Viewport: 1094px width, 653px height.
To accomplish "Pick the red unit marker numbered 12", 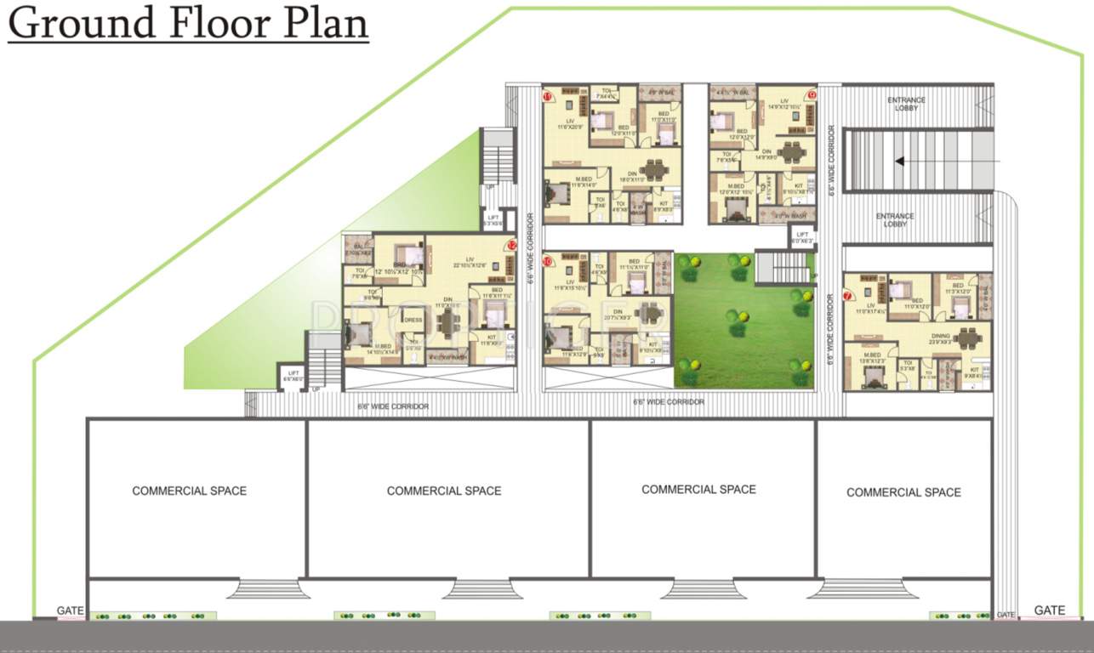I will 511,245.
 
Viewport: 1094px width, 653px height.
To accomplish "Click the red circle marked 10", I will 549,262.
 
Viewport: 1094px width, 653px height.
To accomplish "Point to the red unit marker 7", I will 848,296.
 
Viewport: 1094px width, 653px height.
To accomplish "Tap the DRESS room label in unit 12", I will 413,321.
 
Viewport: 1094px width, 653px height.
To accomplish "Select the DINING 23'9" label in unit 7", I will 940,337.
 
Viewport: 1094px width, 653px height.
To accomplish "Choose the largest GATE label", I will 1049,610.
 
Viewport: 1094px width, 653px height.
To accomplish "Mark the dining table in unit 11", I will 653,169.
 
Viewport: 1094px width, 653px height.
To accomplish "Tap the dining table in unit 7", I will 967,338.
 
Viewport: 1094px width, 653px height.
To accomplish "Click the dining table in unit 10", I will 652,313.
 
